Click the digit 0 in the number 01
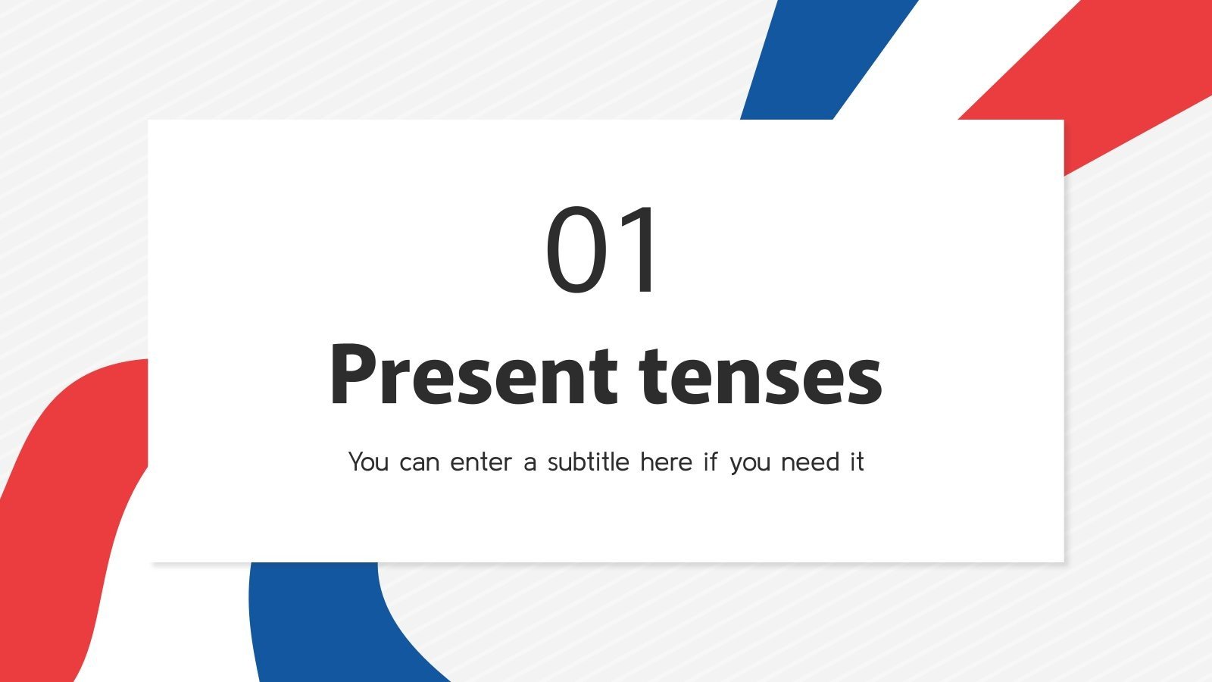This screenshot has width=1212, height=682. pos(576,250)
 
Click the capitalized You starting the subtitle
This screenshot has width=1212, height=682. pos(368,461)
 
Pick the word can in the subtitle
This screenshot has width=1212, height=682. pos(419,462)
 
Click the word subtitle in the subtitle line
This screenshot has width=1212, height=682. pos(589,461)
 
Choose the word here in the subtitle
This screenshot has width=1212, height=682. pos(666,461)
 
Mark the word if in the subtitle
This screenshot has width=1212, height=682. pos(710,461)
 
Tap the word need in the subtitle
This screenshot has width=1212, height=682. pos(811,461)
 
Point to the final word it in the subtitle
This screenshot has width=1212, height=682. pos(857,461)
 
